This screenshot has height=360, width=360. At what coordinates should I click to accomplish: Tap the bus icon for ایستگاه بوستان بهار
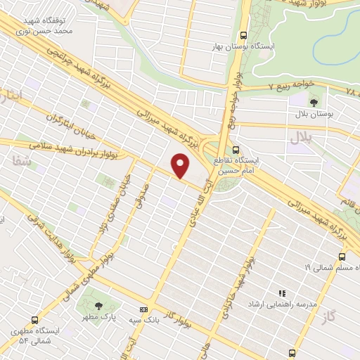click(243, 34)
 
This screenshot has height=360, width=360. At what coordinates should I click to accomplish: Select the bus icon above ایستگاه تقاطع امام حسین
click(236, 149)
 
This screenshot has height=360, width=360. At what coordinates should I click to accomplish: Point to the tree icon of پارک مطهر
click(98, 305)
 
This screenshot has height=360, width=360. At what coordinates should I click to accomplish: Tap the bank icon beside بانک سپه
click(144, 309)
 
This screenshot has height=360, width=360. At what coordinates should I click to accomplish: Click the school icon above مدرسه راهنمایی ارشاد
click(283, 293)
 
